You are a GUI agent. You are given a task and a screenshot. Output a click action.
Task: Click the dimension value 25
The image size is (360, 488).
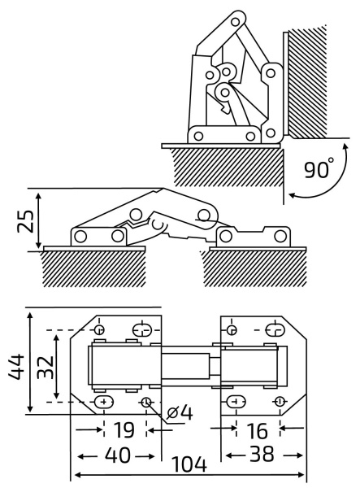25,221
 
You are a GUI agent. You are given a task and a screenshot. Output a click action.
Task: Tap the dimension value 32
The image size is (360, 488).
46,367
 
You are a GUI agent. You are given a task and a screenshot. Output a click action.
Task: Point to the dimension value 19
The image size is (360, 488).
124,430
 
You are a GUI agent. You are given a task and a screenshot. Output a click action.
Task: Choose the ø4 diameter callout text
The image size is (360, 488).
180,413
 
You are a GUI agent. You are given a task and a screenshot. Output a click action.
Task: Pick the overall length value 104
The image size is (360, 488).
189,464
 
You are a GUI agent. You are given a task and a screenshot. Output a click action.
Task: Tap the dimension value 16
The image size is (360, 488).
258,430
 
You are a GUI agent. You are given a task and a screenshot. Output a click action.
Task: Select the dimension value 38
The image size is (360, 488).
262,454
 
